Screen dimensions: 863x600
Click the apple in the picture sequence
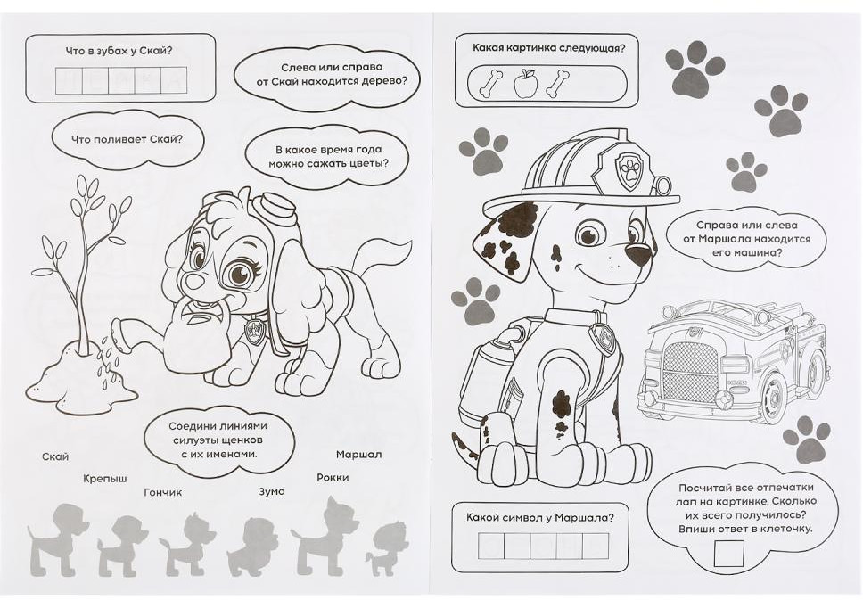point(525,83)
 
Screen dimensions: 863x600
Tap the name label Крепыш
point(105,479)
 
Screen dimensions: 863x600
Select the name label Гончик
point(163,492)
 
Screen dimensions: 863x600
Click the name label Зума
point(272,491)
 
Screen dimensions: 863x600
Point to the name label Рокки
point(333,477)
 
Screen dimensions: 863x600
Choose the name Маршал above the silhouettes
point(359,455)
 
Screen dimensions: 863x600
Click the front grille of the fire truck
point(691,372)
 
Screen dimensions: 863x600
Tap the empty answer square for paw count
point(728,553)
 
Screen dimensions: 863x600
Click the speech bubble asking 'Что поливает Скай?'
point(127,139)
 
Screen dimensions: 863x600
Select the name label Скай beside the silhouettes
point(55,456)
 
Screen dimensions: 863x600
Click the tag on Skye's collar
point(255,332)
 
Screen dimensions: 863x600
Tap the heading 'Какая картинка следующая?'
point(548,48)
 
